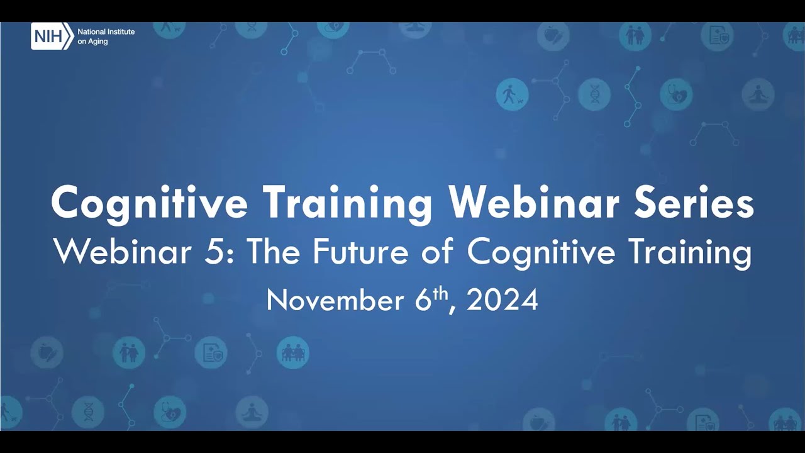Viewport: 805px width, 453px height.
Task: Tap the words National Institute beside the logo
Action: point(106,32)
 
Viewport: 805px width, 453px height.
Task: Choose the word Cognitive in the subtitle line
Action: point(541,253)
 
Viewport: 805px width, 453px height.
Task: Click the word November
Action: point(335,301)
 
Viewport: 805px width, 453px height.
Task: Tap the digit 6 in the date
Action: point(422,301)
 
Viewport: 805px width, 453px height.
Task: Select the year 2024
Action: point(502,301)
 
